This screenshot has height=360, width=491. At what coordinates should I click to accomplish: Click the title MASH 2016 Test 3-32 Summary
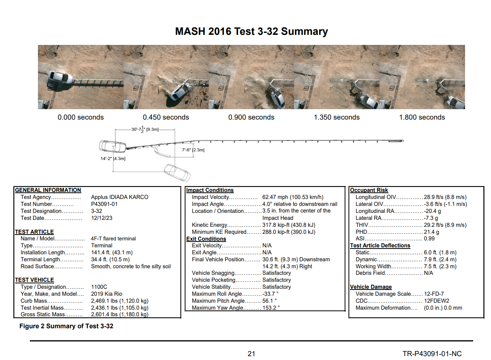(251, 31)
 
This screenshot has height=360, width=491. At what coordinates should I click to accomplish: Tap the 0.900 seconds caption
(251, 117)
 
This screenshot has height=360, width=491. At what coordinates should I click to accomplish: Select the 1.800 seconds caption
(422, 117)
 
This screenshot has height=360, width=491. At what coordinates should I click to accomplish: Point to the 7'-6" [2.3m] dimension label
(193, 150)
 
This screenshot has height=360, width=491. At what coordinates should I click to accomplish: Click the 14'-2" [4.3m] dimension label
(113, 159)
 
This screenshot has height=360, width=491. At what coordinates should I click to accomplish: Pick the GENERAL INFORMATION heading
(48, 190)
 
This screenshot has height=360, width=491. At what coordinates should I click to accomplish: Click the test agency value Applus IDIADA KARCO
(120, 197)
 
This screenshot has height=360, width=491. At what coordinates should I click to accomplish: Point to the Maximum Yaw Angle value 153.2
(271, 308)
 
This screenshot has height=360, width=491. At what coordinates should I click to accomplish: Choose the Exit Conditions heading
(206, 239)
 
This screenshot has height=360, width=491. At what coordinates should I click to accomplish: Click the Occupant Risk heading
(369, 190)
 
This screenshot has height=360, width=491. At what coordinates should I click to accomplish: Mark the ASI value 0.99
(429, 238)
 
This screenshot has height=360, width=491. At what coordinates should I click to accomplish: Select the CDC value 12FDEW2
(436, 301)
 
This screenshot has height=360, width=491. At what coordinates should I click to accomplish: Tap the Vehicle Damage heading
(371, 287)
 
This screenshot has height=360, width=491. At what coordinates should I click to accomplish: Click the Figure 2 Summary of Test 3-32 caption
(66, 326)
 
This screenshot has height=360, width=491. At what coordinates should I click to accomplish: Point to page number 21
(251, 354)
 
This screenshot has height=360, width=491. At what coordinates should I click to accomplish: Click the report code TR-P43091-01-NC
(432, 354)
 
